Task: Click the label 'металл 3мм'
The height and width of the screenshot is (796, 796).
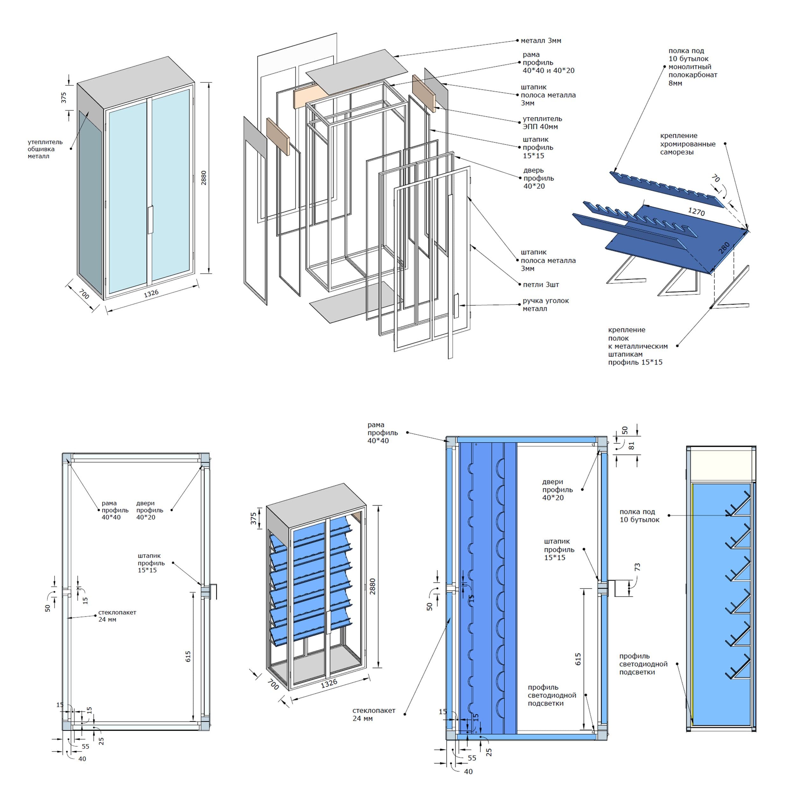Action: (541, 41)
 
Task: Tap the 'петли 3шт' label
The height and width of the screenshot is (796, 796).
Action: (541, 285)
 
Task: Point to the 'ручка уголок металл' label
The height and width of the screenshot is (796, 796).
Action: (545, 305)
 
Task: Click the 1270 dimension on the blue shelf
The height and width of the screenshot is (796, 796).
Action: (696, 212)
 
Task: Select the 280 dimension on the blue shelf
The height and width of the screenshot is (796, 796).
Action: (724, 248)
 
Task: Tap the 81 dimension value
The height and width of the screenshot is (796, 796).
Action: (632, 445)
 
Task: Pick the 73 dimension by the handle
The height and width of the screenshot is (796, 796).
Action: (637, 567)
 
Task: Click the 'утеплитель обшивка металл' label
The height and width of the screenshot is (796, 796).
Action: (45, 149)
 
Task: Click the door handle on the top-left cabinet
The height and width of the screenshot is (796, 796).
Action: (150, 220)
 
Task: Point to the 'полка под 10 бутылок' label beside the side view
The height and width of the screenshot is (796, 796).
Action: (639, 516)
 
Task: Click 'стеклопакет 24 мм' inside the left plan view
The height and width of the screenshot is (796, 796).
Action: (117, 616)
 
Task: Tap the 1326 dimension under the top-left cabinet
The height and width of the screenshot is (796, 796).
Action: (151, 293)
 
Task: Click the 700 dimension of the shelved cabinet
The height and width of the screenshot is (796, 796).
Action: (273, 684)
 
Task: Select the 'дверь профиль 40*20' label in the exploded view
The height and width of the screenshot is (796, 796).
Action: (538, 178)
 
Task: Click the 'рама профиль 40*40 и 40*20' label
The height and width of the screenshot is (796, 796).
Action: (548, 63)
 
